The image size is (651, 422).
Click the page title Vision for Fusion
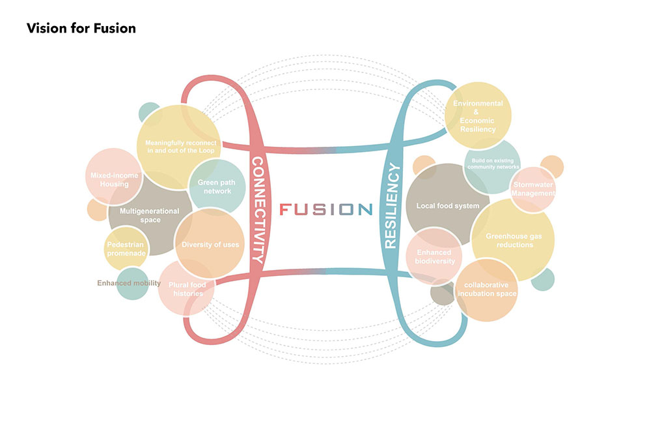pos(81,29)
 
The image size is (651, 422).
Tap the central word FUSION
pos(325,209)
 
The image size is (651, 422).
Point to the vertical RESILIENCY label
pos(391,207)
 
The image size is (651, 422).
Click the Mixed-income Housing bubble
pos(109,179)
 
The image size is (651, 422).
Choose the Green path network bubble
pos(214,187)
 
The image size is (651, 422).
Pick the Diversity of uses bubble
pos(210,245)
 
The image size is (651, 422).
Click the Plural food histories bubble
pos(186,289)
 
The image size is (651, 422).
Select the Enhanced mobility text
pos(128,283)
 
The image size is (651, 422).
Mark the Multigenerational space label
pos(140,215)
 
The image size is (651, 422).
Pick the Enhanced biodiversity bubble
pos(435,256)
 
